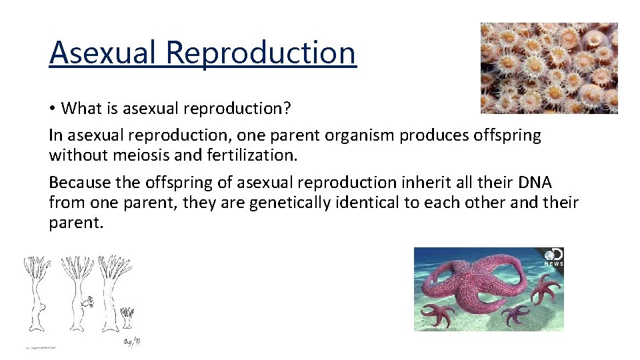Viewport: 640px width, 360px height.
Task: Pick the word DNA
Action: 533,182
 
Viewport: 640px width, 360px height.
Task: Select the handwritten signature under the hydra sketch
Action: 132,341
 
